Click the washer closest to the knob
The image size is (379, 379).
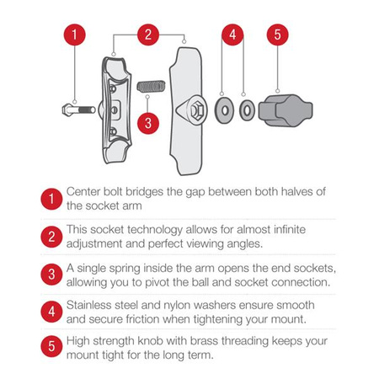(247, 109)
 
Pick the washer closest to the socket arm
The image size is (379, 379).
(222, 109)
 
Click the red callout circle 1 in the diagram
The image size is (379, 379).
(76, 35)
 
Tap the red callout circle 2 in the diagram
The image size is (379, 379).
(147, 35)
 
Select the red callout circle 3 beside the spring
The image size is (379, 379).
(148, 123)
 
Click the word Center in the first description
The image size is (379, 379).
(87, 191)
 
